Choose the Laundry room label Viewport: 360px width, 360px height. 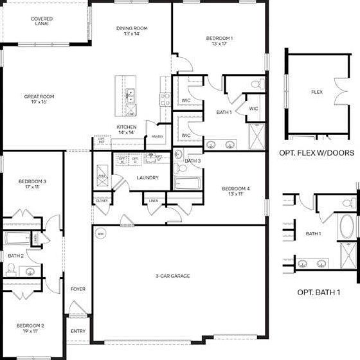pos(148,177)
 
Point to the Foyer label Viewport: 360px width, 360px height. pos(78,289)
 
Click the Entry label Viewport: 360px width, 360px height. pos(78,331)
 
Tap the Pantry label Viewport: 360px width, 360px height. pos(156,136)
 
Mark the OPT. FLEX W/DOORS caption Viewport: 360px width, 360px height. pos(317,153)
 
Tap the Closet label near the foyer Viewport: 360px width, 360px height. pos(102,201)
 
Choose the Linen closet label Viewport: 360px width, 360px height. pos(153,201)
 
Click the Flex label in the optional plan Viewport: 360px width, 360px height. pos(316,92)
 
